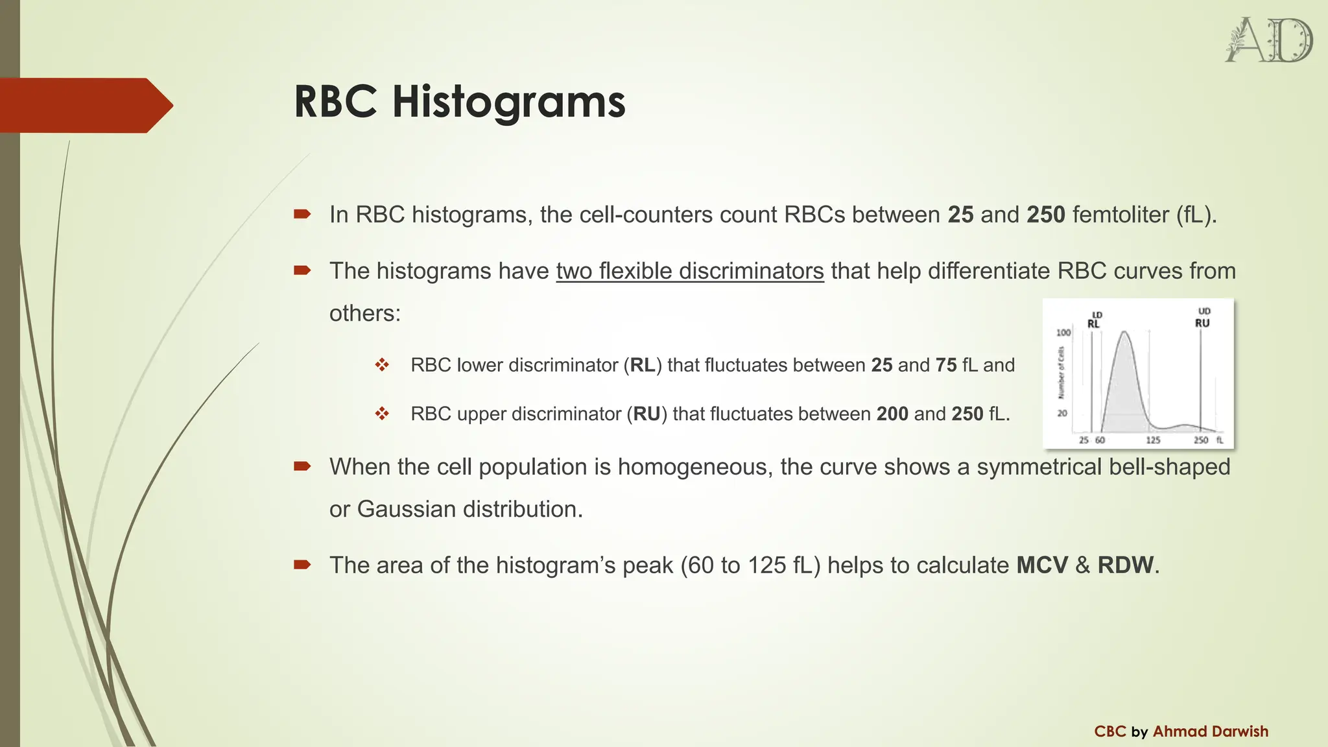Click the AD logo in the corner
click(x=1268, y=41)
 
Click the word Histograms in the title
click(x=508, y=102)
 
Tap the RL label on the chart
click(x=1093, y=324)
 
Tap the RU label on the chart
click(x=1202, y=323)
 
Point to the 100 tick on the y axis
click(x=1063, y=333)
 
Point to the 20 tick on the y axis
click(x=1062, y=413)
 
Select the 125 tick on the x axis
click(x=1153, y=440)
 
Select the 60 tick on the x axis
click(x=1100, y=440)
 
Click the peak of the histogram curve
click(x=1124, y=333)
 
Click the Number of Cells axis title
click(x=1061, y=373)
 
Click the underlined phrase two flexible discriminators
click(x=690, y=271)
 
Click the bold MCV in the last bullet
click(x=1042, y=565)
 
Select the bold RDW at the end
click(x=1126, y=565)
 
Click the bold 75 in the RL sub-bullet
click(x=946, y=365)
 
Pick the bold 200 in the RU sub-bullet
click(x=892, y=414)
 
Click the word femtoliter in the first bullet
click(x=1120, y=215)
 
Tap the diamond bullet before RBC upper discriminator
click(x=382, y=414)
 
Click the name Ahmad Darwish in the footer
click(x=1210, y=731)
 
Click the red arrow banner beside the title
click(x=84, y=105)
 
